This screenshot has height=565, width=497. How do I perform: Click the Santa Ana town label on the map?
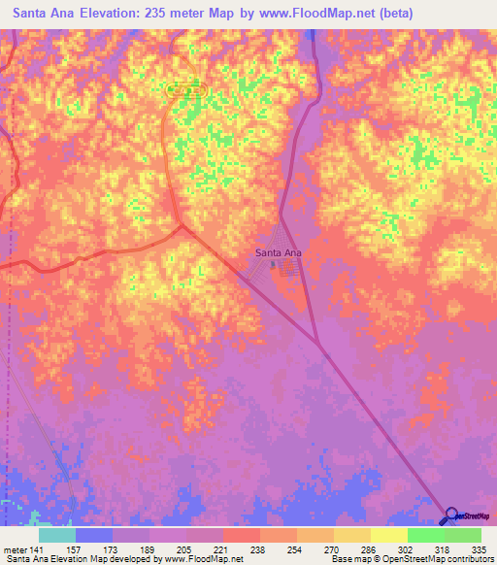279,252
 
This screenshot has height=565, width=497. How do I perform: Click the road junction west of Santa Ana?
182,227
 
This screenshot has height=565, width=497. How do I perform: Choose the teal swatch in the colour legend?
57,535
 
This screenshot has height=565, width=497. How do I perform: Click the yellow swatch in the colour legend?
389,535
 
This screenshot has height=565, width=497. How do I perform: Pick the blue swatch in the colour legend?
94,535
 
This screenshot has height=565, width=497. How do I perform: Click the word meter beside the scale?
15,548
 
